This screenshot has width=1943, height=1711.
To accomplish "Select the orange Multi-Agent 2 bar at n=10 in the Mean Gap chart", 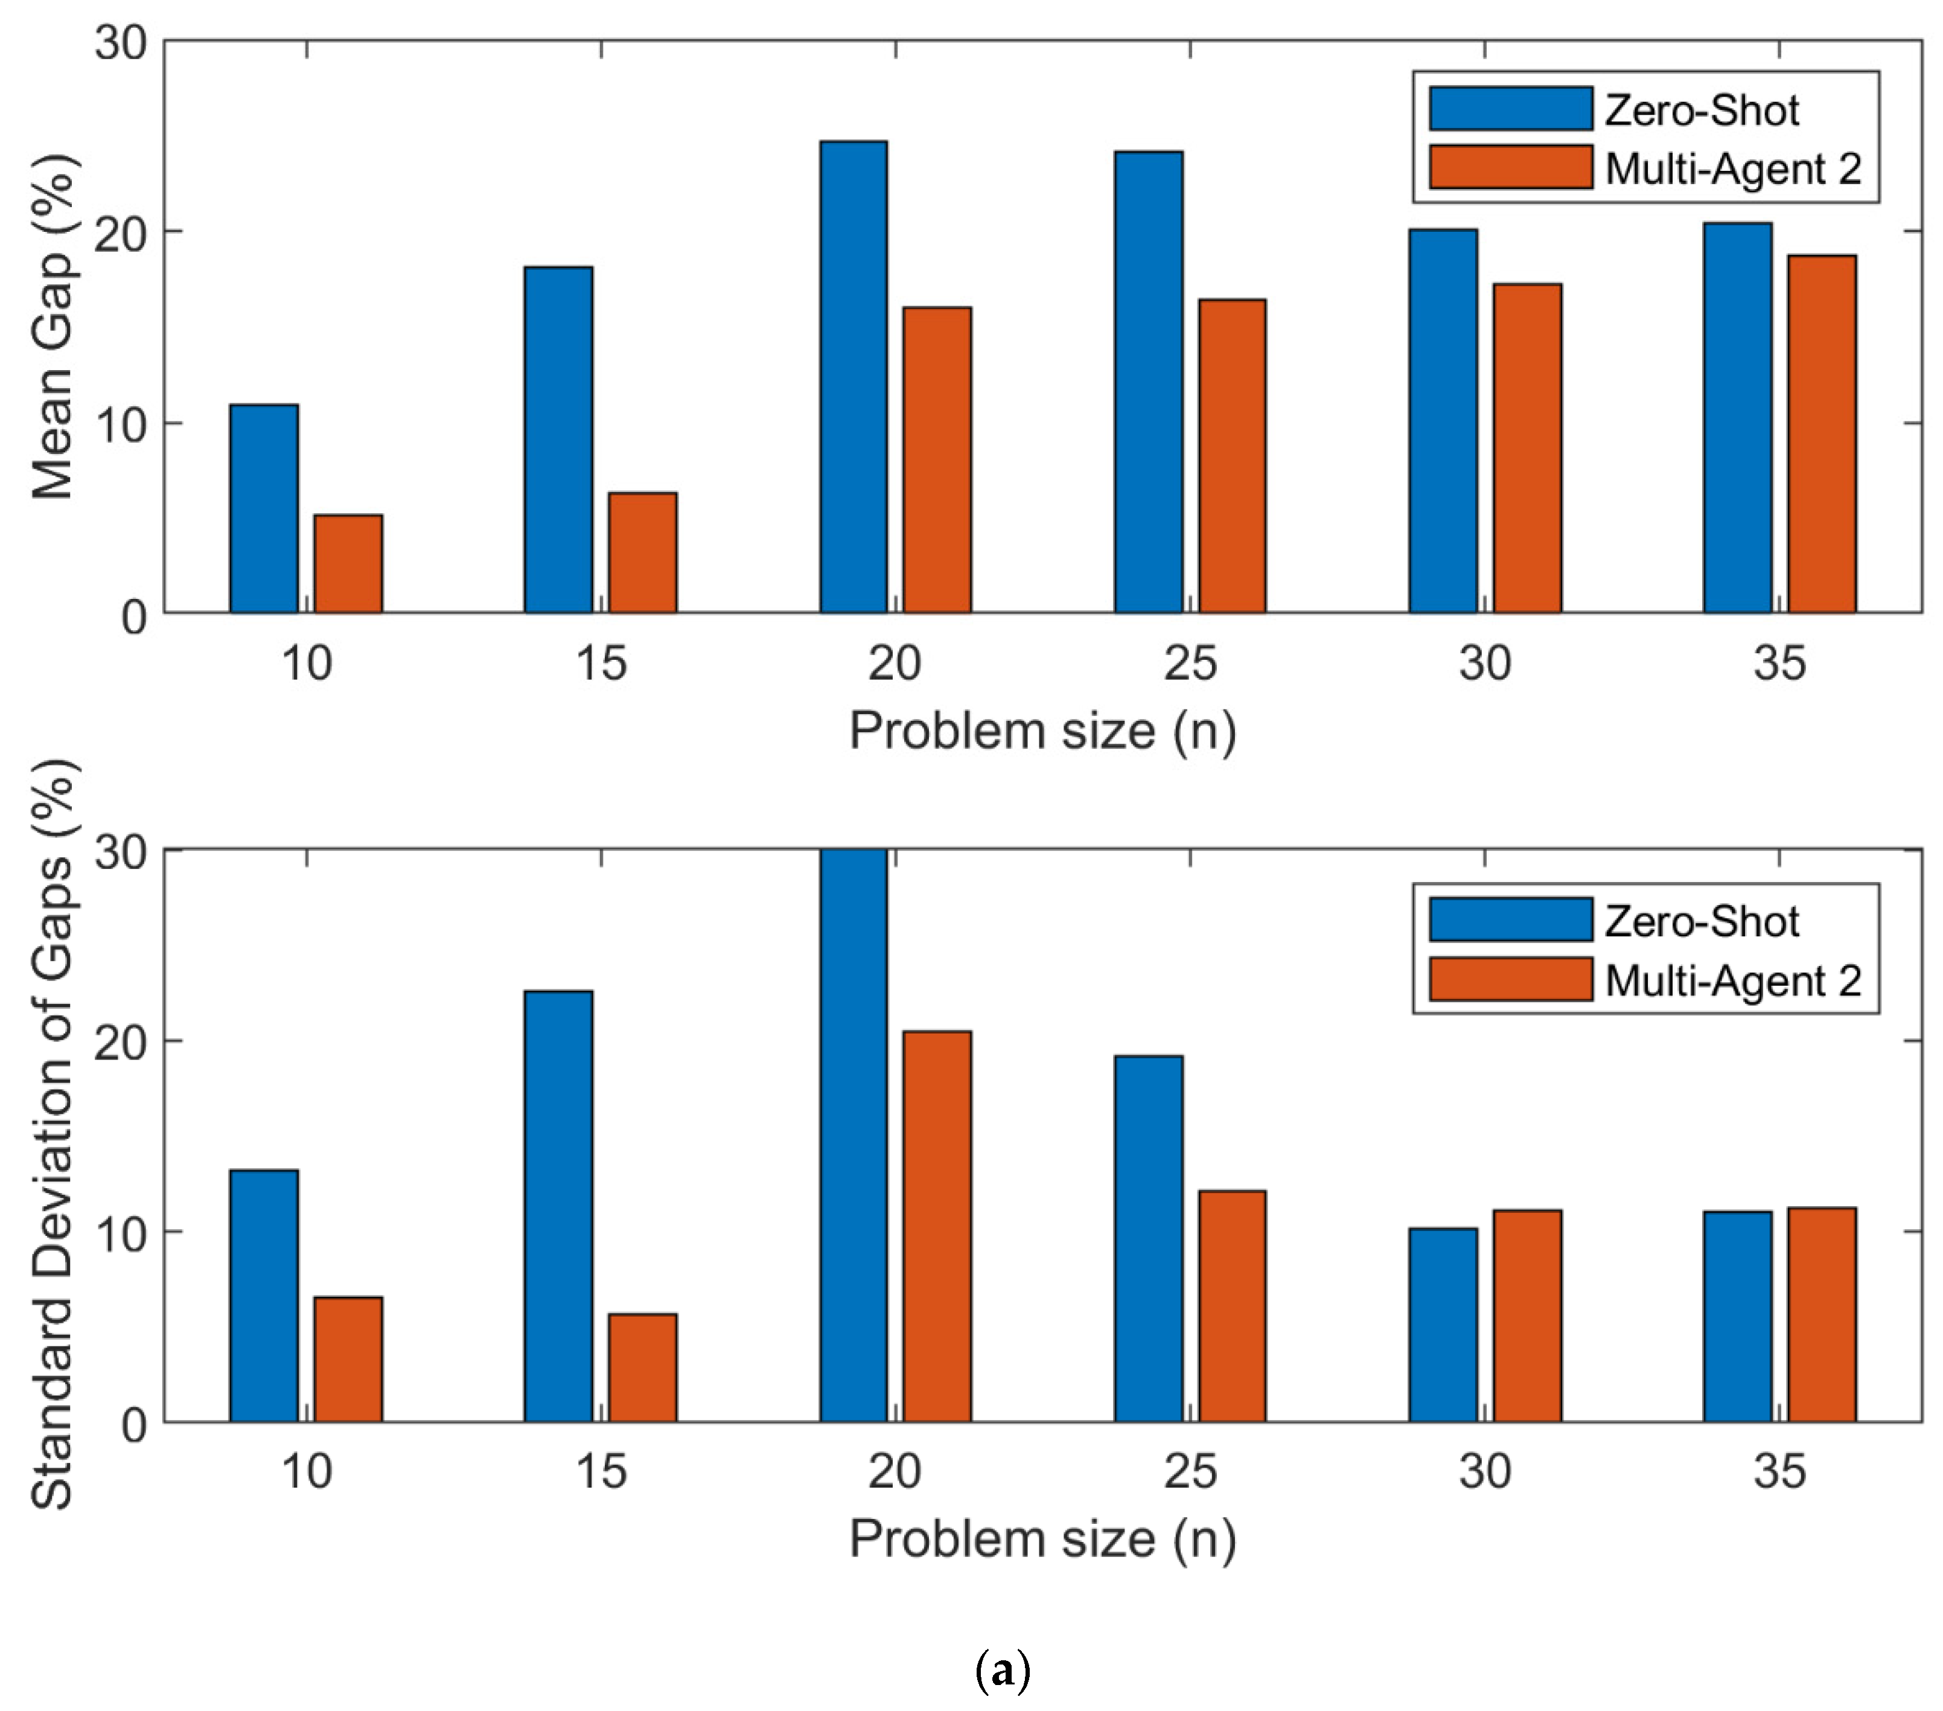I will (348, 564).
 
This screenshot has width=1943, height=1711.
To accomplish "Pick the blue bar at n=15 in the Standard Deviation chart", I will (558, 1206).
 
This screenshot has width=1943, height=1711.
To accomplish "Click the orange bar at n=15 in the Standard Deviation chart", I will (643, 1368).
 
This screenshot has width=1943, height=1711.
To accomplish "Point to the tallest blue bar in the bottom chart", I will (853, 1135).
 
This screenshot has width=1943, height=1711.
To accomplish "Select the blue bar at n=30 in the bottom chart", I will (1443, 1325).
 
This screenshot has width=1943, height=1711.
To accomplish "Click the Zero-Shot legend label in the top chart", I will (1702, 110).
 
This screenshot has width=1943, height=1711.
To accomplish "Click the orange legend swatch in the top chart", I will (1510, 167).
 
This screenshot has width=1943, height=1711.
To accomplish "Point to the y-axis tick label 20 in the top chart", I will (121, 233).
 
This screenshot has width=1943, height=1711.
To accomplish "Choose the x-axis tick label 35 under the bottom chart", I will (1779, 1471).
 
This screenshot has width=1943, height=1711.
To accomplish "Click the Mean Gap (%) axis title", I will (54, 328).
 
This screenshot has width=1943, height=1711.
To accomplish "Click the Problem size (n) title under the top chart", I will (1043, 731).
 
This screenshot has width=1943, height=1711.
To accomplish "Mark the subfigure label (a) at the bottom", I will (1003, 1670).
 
